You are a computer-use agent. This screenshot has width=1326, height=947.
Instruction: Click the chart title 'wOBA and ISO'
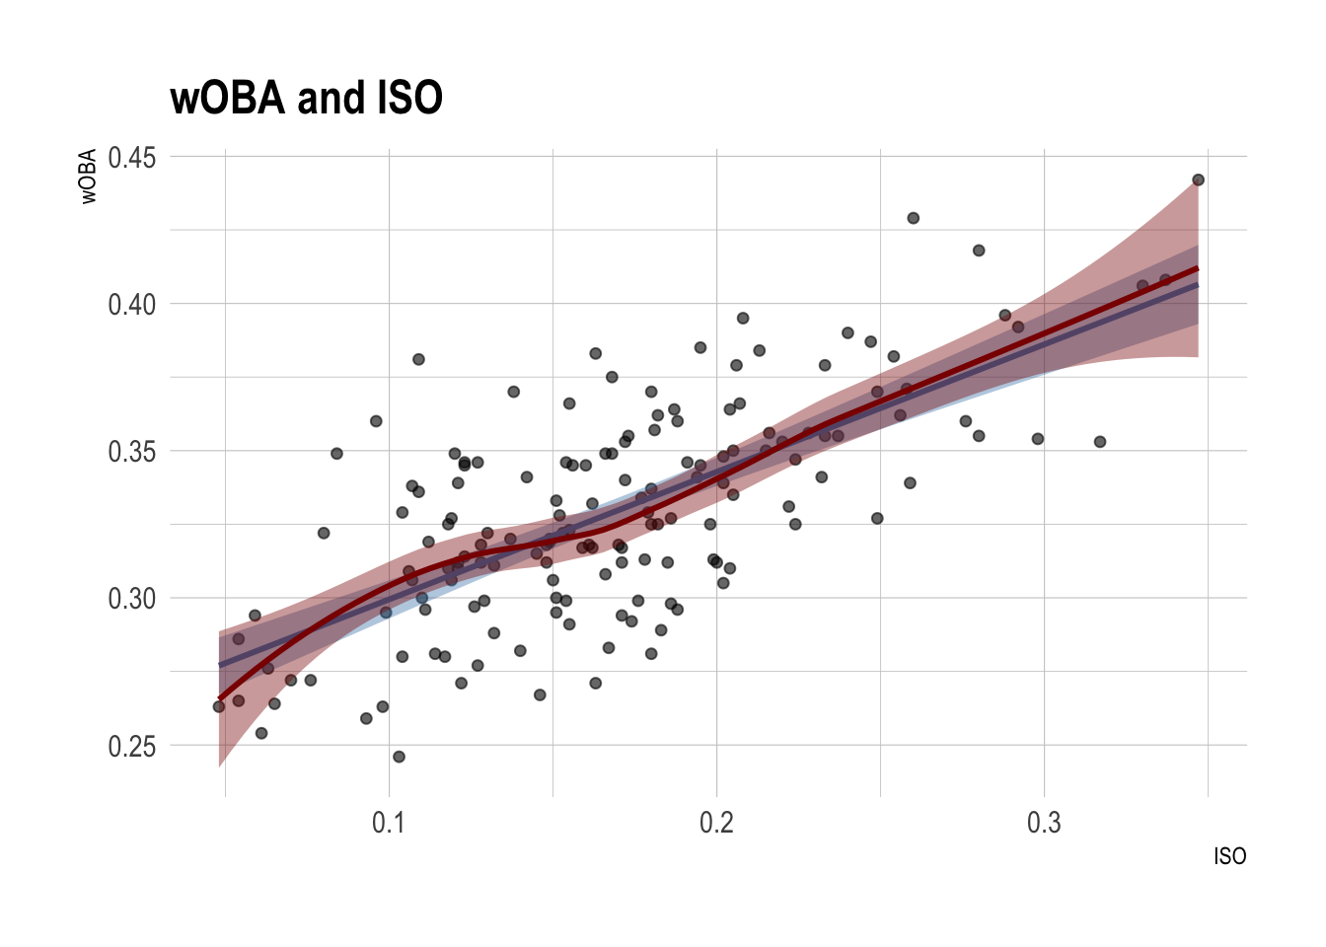pos(306,98)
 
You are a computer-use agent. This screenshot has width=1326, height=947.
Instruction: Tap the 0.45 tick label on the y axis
pos(132,158)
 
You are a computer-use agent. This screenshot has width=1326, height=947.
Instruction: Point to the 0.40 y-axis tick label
pos(132,305)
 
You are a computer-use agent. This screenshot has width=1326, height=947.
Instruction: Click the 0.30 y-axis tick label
pos(132,600)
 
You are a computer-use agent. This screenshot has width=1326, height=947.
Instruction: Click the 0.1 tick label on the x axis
pos(389,823)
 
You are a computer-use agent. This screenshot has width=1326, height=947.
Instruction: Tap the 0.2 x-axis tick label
pos(716,823)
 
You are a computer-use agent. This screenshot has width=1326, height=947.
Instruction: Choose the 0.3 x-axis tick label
pos(1044,823)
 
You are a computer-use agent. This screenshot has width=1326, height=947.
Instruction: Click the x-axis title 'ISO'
pos(1229,856)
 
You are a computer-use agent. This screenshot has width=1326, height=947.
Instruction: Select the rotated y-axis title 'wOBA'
pos(89,177)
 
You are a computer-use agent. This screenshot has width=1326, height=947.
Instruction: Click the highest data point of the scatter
pos(1198,180)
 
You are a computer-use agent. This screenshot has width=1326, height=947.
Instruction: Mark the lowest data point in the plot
pos(399,757)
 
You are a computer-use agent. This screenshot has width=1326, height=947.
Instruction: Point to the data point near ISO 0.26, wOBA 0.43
pos(913,218)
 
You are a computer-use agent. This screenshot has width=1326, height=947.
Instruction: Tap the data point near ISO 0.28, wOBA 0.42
pos(979,251)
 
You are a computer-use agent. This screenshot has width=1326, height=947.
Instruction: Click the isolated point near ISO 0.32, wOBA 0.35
pos(1100,442)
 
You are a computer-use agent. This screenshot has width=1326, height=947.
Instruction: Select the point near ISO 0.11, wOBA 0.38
pos(418,359)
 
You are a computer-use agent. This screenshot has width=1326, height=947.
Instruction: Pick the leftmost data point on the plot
pos(219,706)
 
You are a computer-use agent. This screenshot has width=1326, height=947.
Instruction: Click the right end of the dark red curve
pos(1198,268)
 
